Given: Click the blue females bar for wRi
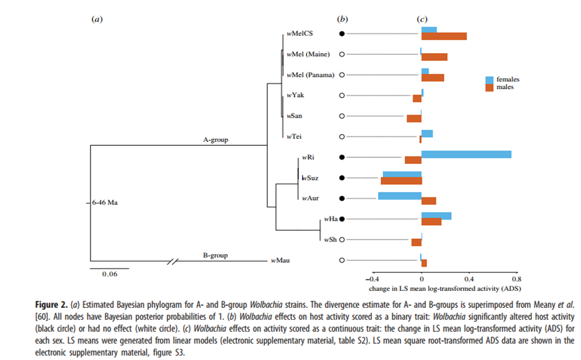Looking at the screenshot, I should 466,154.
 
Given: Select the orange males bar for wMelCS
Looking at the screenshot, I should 444,36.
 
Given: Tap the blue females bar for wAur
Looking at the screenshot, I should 399,196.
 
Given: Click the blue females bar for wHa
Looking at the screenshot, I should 436,216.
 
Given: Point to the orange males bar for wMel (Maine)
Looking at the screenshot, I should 434,57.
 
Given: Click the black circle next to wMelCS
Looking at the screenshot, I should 342,33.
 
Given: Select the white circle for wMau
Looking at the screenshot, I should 342,260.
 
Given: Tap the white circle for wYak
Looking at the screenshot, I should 342,95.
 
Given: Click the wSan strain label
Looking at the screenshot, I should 294,116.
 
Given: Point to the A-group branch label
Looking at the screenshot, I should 215,140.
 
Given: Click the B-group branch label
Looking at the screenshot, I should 215,255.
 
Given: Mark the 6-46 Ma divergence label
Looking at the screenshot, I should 105,202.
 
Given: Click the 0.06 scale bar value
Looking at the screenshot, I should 110,274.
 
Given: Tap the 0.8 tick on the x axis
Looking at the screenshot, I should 516,278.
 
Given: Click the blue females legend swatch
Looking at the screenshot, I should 489,79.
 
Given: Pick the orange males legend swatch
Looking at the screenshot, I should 489,87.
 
